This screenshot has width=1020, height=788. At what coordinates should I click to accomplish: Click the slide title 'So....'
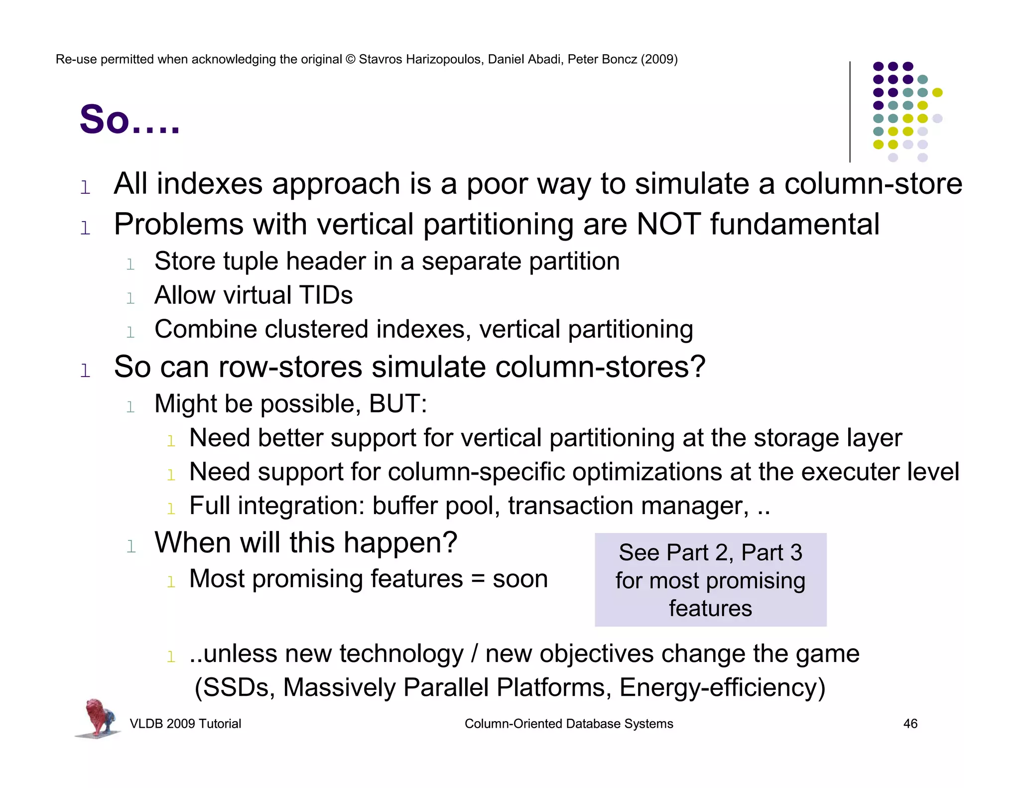click(x=129, y=120)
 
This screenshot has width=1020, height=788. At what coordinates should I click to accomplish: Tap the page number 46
click(x=910, y=724)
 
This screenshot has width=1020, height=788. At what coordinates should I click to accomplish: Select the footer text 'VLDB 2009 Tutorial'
click(x=185, y=724)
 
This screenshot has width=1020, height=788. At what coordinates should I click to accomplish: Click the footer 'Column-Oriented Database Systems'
click(x=568, y=724)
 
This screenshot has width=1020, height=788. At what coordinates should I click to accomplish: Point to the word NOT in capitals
click(x=668, y=224)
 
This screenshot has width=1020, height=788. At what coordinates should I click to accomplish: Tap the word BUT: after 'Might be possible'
click(x=397, y=404)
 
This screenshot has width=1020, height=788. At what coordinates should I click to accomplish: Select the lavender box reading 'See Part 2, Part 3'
click(x=710, y=580)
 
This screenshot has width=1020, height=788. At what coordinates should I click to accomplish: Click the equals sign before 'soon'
click(x=478, y=579)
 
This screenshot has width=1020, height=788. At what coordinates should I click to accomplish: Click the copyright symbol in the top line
click(x=351, y=59)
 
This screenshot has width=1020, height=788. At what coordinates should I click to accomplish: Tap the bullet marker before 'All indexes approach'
click(x=85, y=188)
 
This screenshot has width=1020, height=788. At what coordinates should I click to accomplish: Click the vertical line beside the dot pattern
click(x=850, y=112)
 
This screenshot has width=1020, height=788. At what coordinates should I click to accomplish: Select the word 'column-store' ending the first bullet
click(x=873, y=184)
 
